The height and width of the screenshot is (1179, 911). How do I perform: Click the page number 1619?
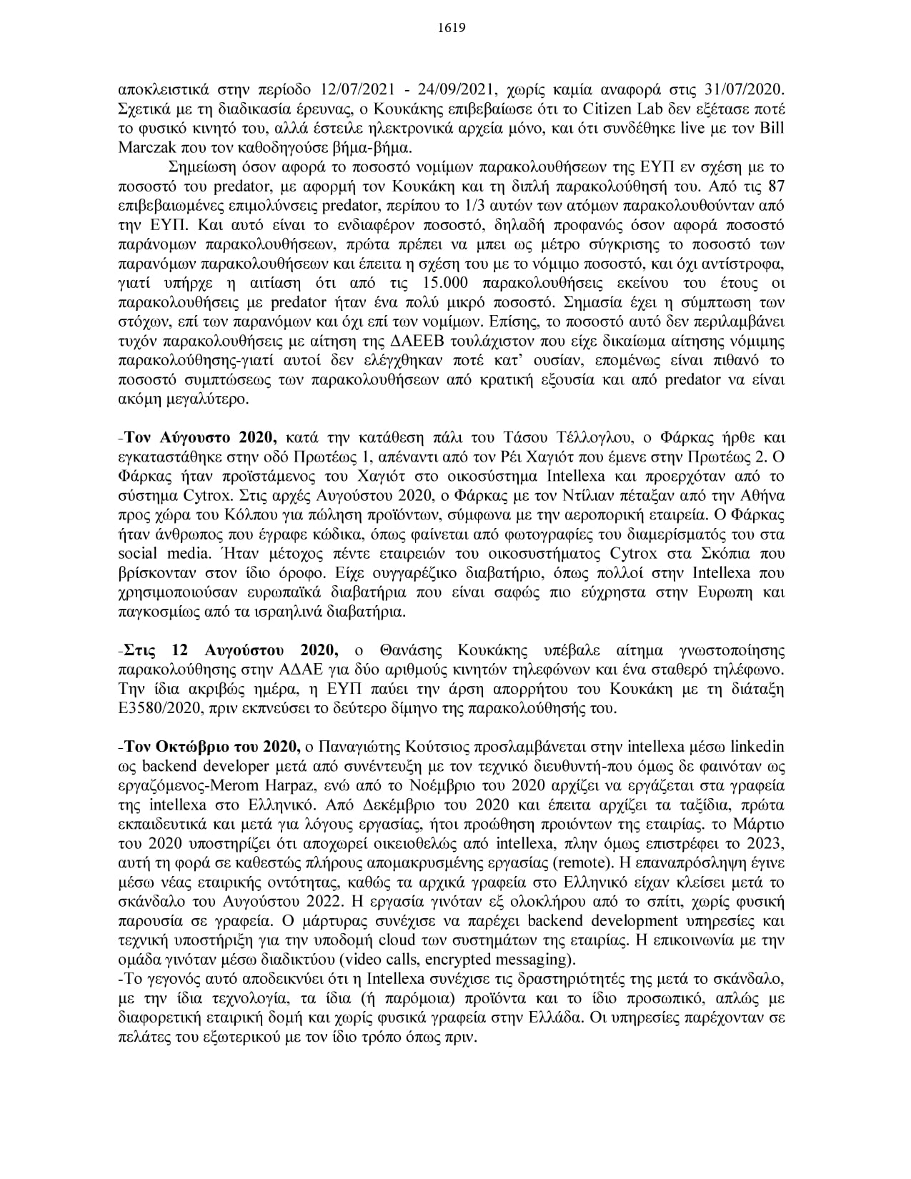(x=454, y=29)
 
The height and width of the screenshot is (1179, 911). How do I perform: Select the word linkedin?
(x=757, y=748)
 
